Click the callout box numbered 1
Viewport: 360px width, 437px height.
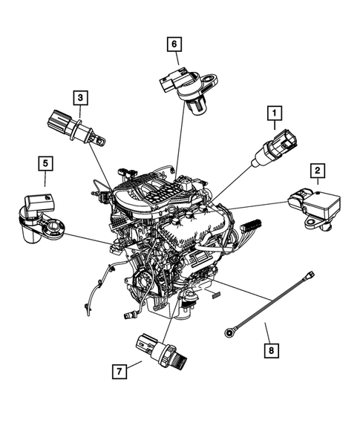click(x=275, y=114)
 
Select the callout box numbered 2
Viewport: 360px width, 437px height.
click(x=317, y=173)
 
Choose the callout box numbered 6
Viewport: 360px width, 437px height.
click(x=174, y=45)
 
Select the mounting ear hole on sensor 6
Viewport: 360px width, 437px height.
click(x=213, y=77)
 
